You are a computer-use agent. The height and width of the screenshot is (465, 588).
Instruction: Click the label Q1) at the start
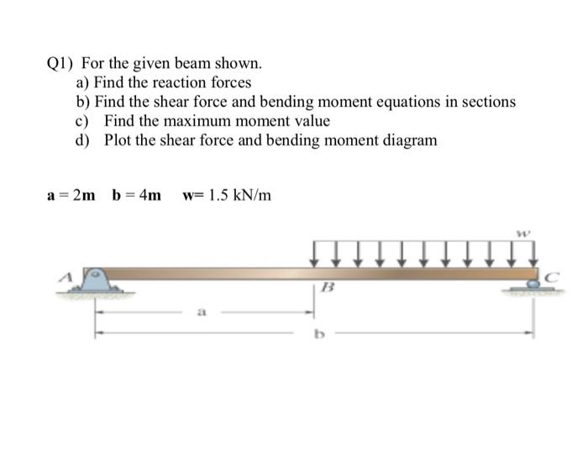[60, 64]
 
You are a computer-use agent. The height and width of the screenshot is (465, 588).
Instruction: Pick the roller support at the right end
[533, 287]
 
